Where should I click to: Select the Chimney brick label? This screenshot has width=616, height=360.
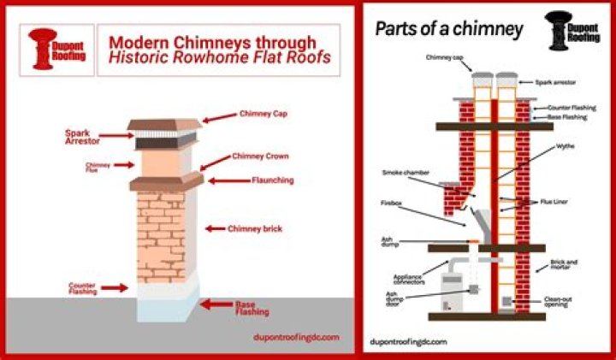pos(254,228)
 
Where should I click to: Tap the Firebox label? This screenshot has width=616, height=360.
pos(392,204)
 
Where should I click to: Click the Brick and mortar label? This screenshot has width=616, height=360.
pos(565,263)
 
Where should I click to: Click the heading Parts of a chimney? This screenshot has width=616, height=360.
pos(449,29)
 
